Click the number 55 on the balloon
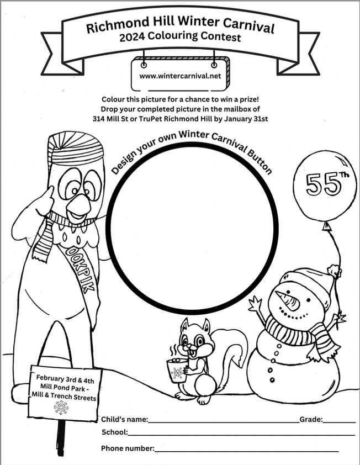click(320, 184)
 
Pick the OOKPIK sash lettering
click(81, 269)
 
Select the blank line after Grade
click(339, 422)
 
